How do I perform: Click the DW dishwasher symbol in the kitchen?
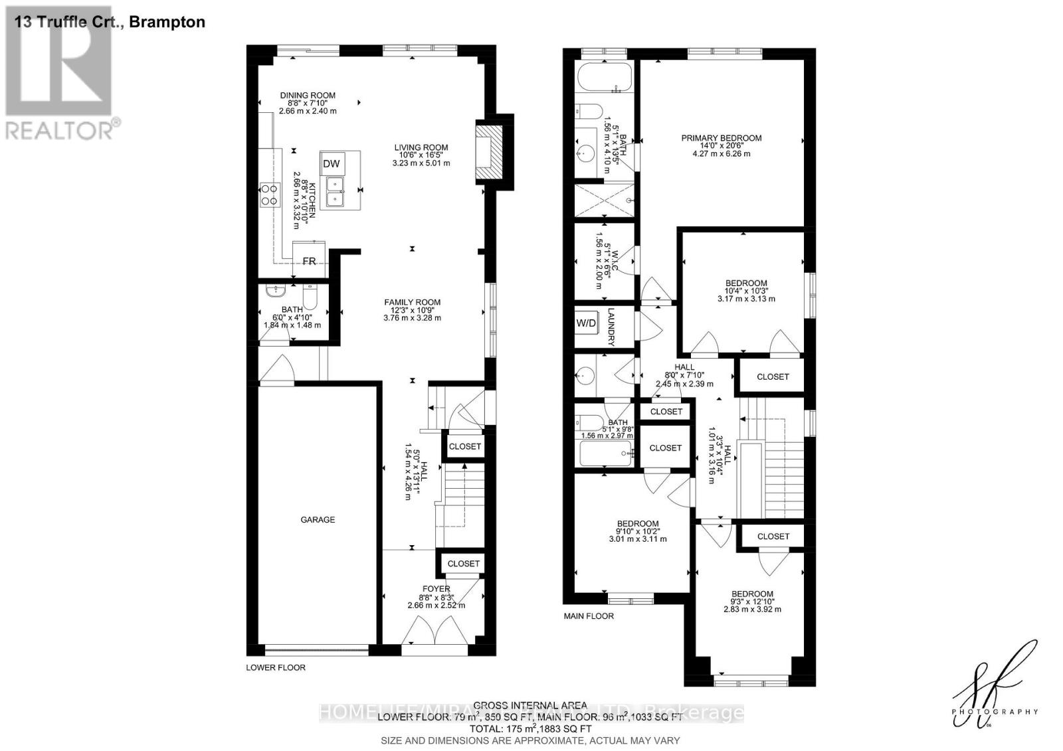pyautogui.click(x=331, y=164)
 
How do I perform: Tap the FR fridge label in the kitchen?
pyautogui.click(x=309, y=261)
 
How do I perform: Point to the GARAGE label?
pyautogui.click(x=318, y=519)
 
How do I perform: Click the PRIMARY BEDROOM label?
pyautogui.click(x=721, y=138)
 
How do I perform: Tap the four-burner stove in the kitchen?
pyautogui.click(x=269, y=194)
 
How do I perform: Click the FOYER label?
pyautogui.click(x=436, y=588)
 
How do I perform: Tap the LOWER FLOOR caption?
pyautogui.click(x=276, y=667)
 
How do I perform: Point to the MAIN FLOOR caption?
pyautogui.click(x=589, y=616)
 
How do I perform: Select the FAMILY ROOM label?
pyautogui.click(x=412, y=302)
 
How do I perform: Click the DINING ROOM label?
pyautogui.click(x=308, y=96)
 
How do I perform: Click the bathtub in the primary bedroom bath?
pyautogui.click(x=605, y=78)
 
